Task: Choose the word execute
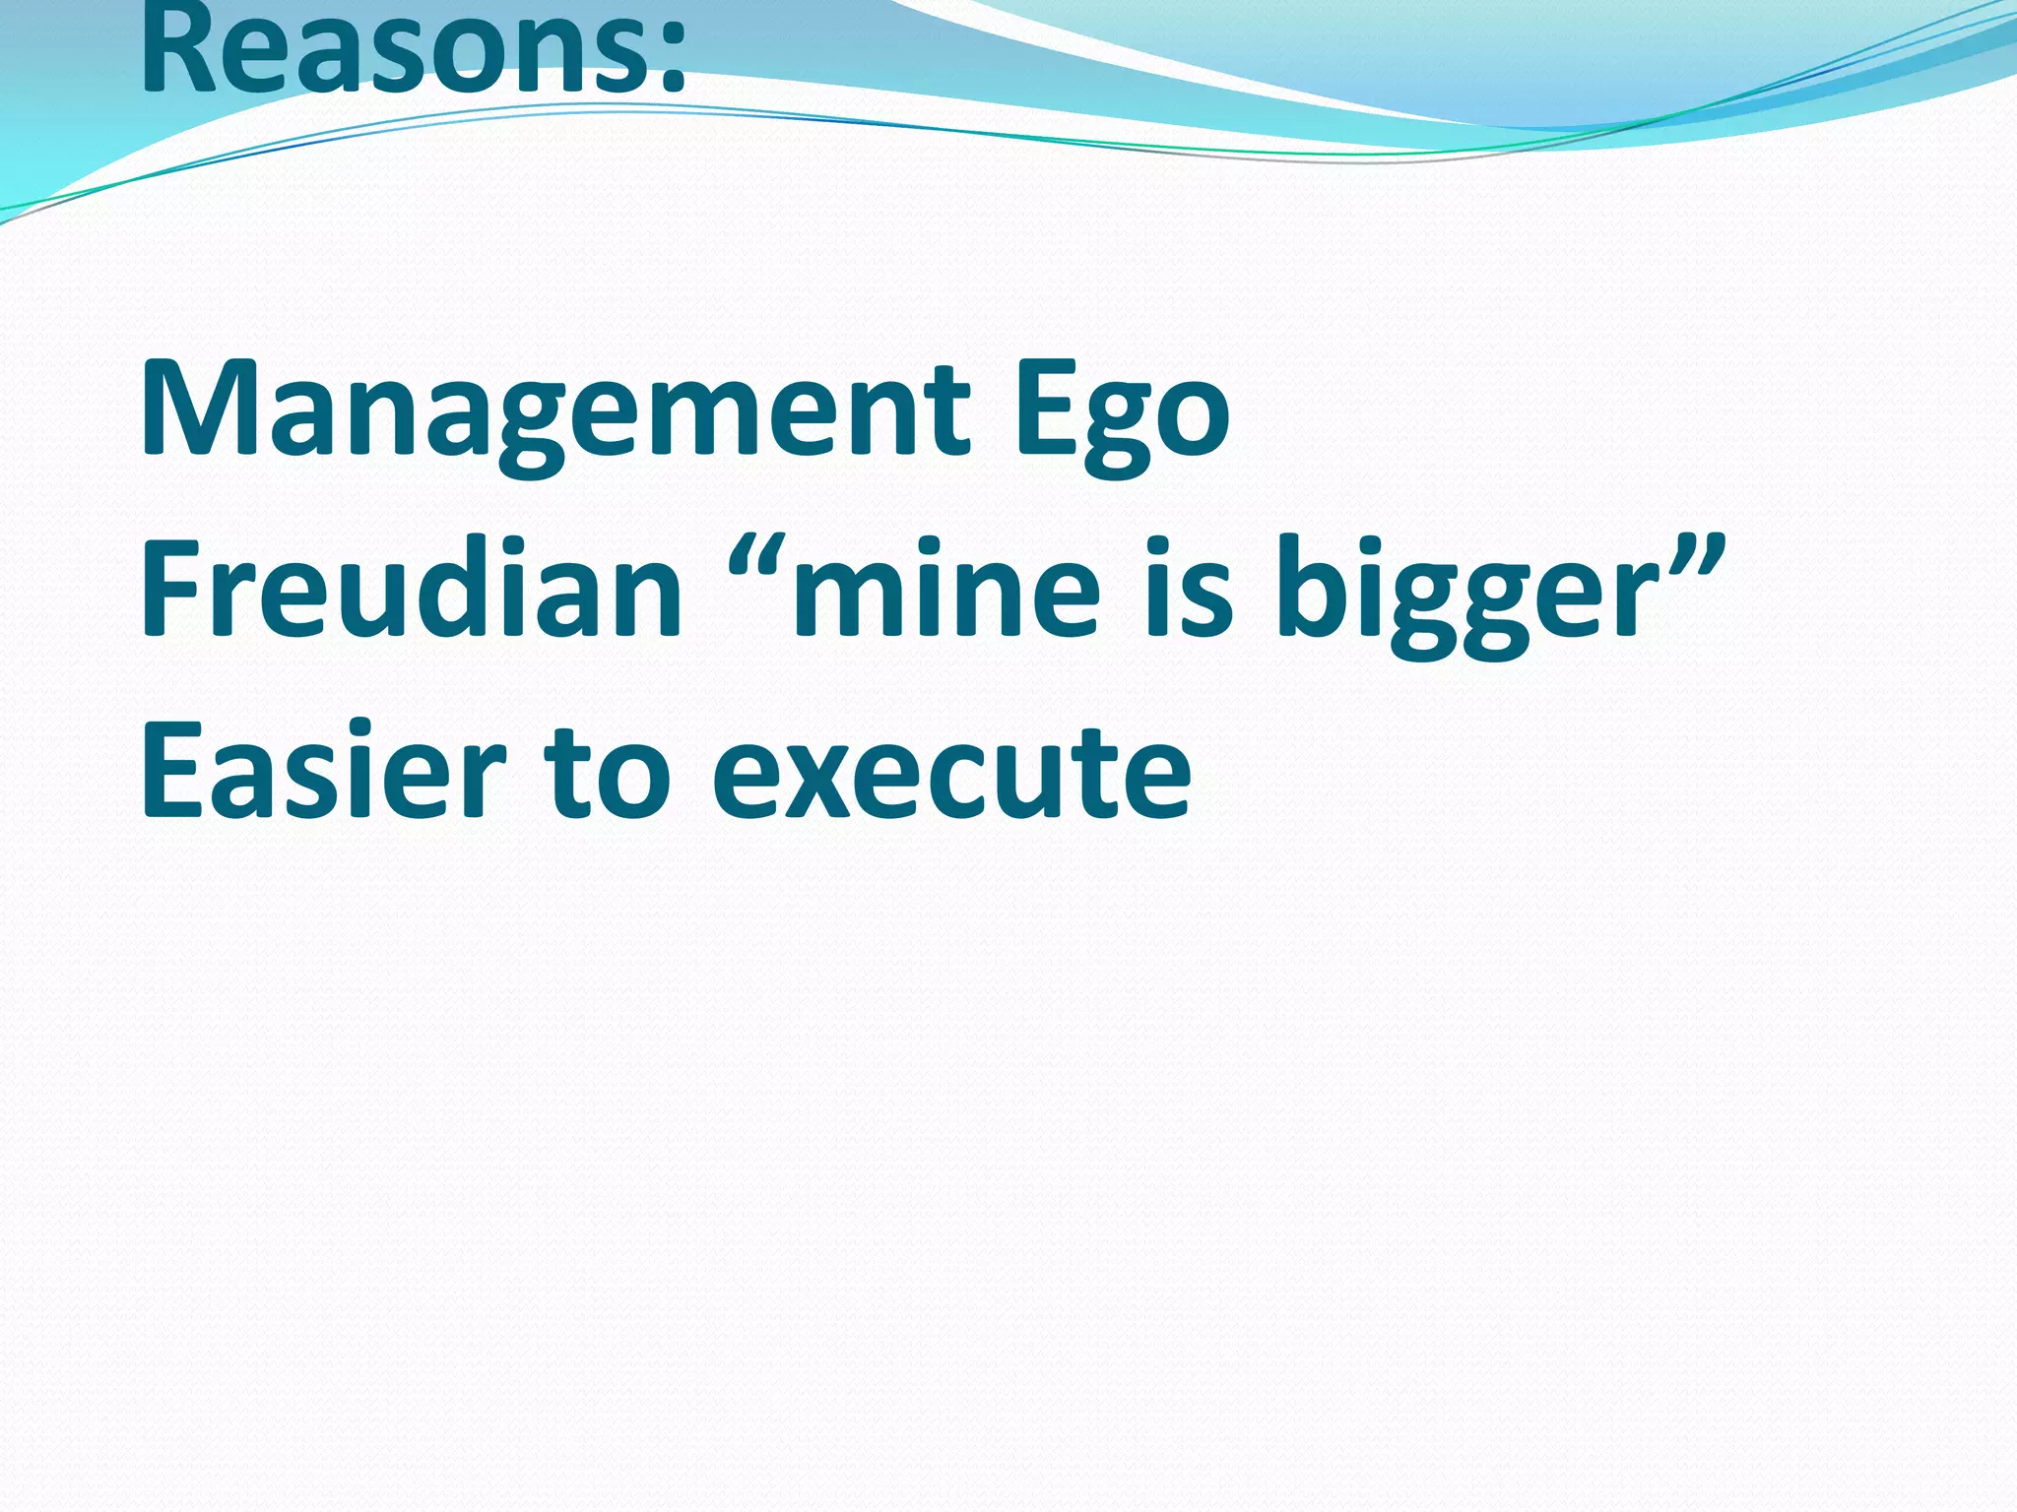coord(950,773)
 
